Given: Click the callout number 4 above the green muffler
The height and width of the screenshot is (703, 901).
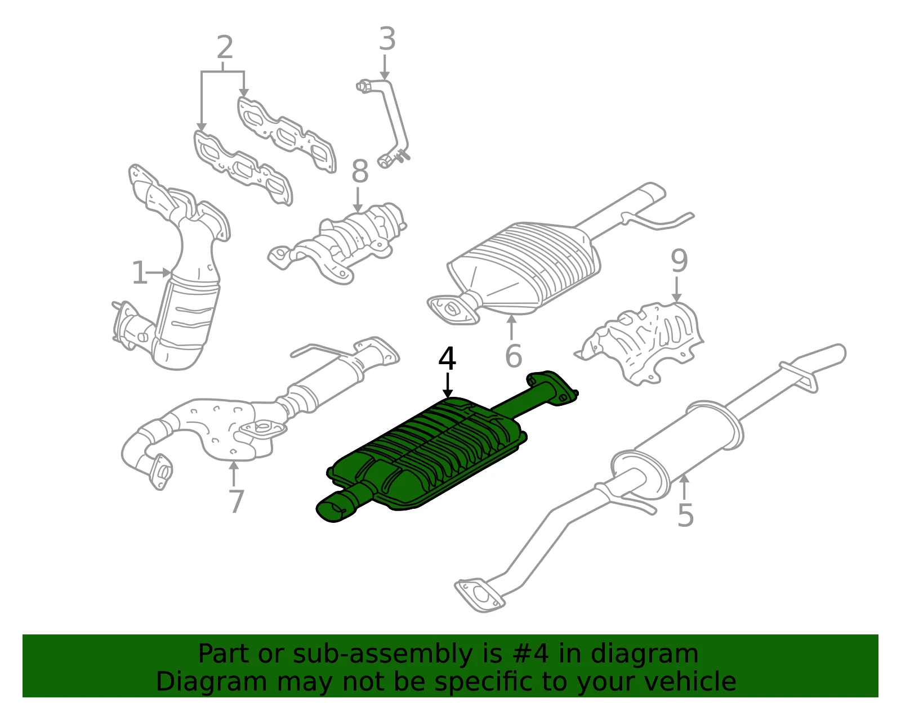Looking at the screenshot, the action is point(447,359).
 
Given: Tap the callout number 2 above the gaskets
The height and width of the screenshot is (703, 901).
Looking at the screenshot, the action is point(225,48).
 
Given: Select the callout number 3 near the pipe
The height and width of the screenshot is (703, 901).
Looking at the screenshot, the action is point(387,39).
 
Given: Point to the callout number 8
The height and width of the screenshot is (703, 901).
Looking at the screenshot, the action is point(359,171).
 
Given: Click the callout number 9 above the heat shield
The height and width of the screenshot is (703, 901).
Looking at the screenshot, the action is point(679,261).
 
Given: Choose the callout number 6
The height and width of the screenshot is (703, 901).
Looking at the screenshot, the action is point(514,355).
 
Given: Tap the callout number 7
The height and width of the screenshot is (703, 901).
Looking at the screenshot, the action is point(237,501).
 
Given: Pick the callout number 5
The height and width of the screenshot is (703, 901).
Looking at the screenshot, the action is point(685,516).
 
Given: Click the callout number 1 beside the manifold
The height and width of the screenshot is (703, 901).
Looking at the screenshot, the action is point(139,272).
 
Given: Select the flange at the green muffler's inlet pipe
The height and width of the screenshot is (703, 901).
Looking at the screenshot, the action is point(553,387).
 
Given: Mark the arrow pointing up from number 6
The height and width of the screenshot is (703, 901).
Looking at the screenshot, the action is point(512,328).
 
